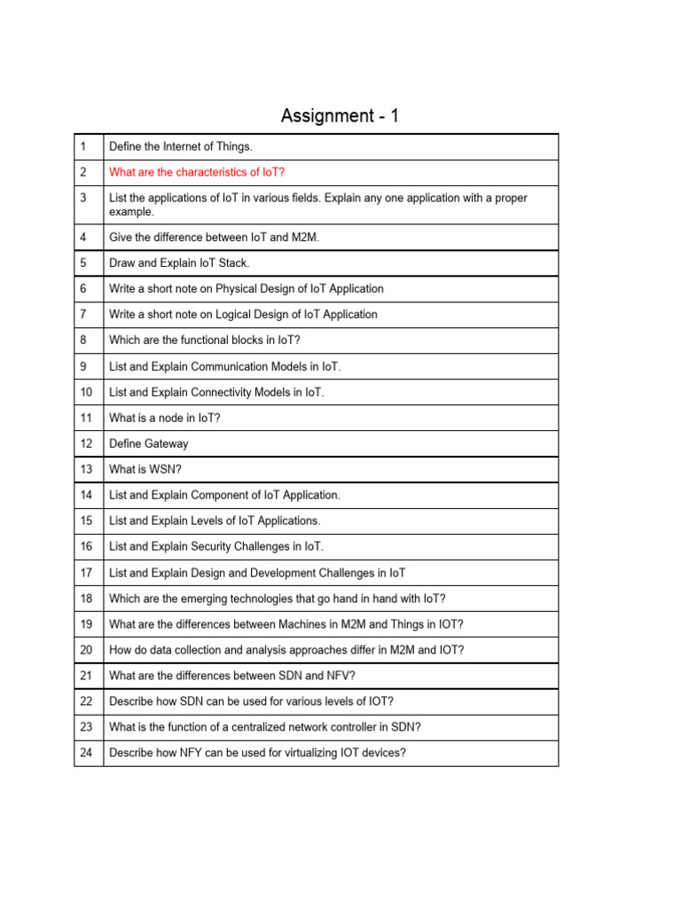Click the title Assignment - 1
[x=340, y=116]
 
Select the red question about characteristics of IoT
[x=196, y=172]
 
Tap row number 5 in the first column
[x=82, y=263]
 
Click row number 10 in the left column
[x=85, y=392]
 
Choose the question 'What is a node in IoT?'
[x=164, y=418]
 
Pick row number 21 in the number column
[x=85, y=676]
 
